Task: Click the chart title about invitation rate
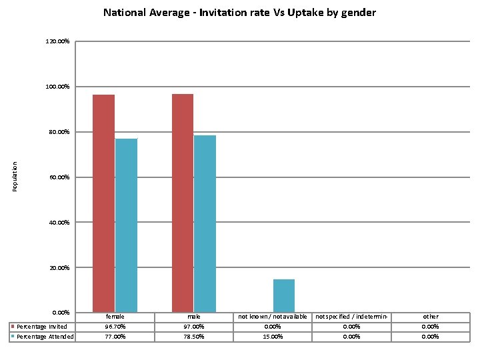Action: pyautogui.click(x=239, y=13)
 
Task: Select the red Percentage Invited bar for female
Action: pyautogui.click(x=103, y=203)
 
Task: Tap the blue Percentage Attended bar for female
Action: pyautogui.click(x=126, y=225)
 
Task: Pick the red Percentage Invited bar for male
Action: pyautogui.click(x=182, y=203)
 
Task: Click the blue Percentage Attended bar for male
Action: pyautogui.click(x=205, y=224)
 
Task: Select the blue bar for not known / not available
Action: pyautogui.click(x=284, y=295)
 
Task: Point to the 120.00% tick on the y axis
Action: pyautogui.click(x=57, y=42)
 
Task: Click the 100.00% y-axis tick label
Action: pyautogui.click(x=57, y=87)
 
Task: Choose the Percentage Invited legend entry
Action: pyautogui.click(x=41, y=327)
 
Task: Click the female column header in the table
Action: pyautogui.click(x=115, y=317)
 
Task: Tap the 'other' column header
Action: pyautogui.click(x=431, y=317)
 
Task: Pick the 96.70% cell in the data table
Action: pyautogui.click(x=115, y=327)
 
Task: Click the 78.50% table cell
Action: pyautogui.click(x=194, y=337)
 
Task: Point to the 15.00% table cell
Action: pyautogui.click(x=273, y=337)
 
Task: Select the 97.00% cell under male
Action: pyautogui.click(x=194, y=327)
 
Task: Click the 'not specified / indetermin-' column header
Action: pyautogui.click(x=351, y=317)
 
